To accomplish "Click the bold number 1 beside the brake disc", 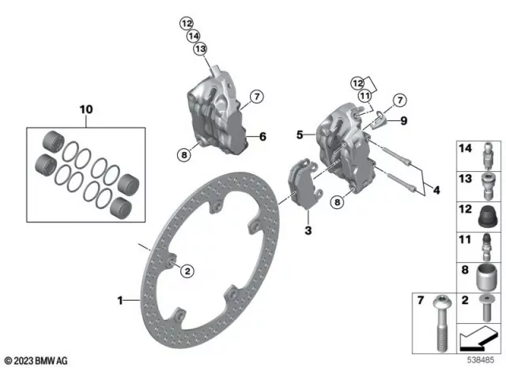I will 120,300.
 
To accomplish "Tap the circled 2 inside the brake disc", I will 187,272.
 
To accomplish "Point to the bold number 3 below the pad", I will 309,230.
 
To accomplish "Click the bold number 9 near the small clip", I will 403,121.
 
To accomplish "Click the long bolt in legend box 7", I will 438,325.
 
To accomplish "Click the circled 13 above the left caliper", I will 200,49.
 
